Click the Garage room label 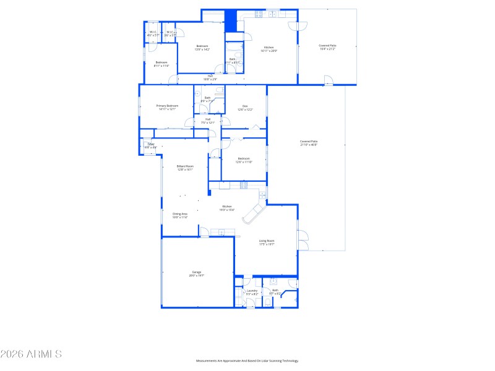coord(197,274)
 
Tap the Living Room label coord(267,242)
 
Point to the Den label coord(245,108)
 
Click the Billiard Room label coord(185,168)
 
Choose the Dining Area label coord(179,215)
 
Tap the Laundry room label coord(252,292)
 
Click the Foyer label coord(150,145)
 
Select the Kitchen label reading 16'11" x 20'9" coord(269,49)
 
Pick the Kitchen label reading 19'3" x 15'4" coord(227,208)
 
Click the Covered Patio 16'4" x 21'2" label coord(327,47)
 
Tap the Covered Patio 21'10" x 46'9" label coord(308,143)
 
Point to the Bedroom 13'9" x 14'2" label coord(202,48)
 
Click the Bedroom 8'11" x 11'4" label coord(161,64)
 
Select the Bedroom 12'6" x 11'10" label coord(244,160)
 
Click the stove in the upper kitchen coord(259,14)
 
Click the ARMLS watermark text coord(31,354)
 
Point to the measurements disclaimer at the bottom coord(247,360)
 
